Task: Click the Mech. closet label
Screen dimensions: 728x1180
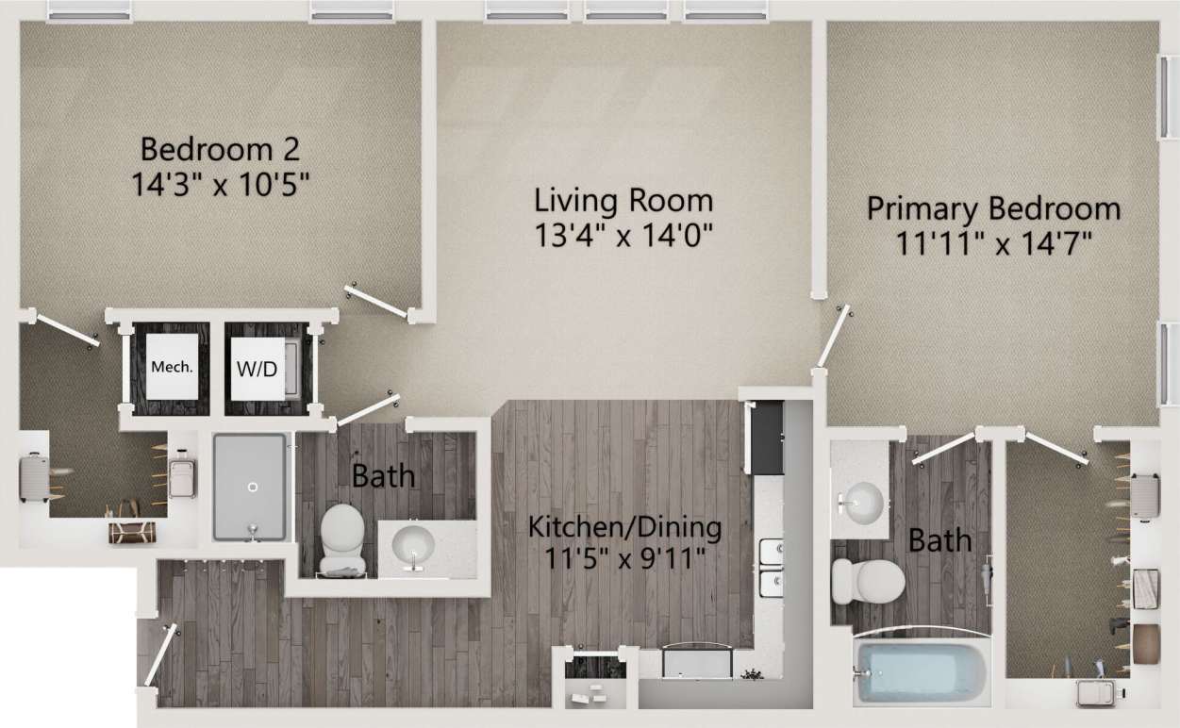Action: [172, 367]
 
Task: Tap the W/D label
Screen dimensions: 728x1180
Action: [256, 367]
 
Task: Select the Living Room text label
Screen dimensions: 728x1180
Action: [623, 201]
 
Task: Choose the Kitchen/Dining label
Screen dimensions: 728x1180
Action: [624, 526]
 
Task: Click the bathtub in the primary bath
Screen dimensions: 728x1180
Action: [922, 672]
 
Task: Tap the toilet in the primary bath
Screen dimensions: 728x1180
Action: [867, 580]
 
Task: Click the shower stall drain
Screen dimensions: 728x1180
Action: [252, 488]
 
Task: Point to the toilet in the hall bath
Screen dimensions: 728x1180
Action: [341, 538]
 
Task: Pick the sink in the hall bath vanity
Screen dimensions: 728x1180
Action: [413, 544]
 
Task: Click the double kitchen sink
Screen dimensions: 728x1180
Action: [772, 567]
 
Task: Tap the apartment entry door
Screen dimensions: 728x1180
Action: [159, 655]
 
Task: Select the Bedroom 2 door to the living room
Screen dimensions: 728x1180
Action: [377, 300]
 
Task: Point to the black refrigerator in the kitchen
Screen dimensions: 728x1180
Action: [765, 437]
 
